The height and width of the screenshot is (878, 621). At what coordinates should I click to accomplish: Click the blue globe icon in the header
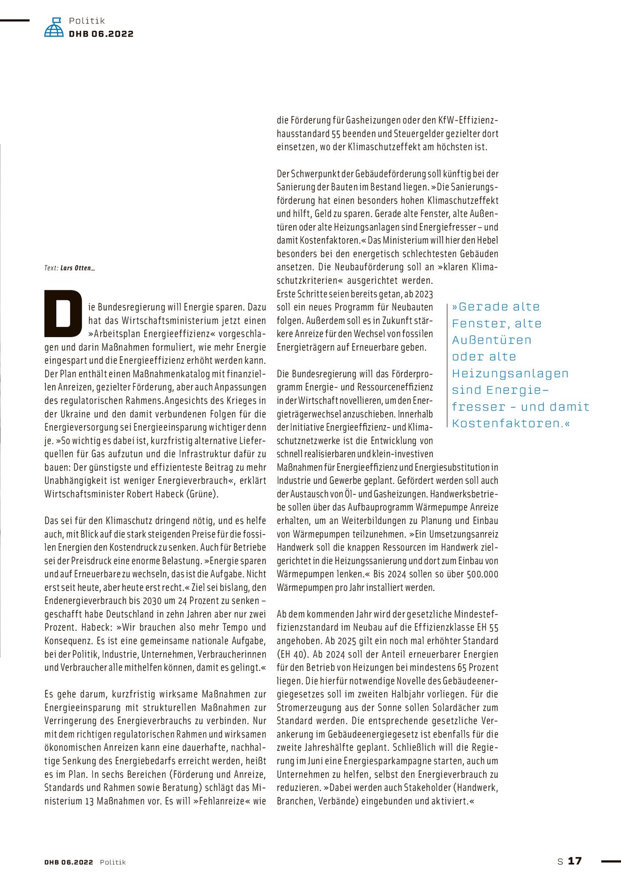coord(54,28)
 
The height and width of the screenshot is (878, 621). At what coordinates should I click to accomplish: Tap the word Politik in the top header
coord(87,21)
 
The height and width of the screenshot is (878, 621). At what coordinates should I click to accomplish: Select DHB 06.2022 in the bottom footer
coord(69,862)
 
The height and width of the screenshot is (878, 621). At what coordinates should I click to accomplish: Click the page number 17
coord(575,861)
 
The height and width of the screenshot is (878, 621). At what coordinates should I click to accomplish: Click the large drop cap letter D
coord(63,313)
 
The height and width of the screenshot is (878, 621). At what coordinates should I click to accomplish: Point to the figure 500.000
coord(483,574)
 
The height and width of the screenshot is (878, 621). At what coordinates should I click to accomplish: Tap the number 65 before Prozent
coord(462,668)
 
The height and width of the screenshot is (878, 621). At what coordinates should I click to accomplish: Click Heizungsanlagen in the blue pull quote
coord(510,374)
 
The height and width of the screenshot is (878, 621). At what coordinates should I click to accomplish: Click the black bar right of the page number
coord(611,861)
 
